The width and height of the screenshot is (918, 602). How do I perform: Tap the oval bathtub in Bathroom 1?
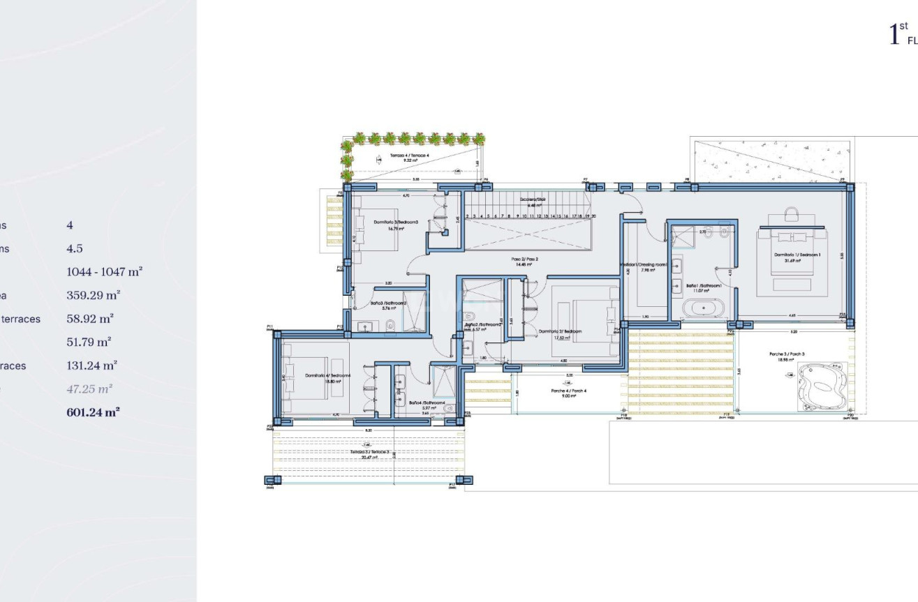click(703, 307)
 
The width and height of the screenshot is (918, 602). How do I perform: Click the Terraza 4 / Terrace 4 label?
click(404, 156)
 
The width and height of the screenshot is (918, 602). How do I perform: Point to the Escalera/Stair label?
click(532, 199)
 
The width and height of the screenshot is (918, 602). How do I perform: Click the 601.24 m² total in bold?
click(93, 412)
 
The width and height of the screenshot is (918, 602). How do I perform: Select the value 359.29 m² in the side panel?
click(93, 295)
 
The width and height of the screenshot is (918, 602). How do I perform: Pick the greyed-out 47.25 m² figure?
click(89, 389)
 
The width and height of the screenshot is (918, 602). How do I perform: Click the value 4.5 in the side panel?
click(75, 248)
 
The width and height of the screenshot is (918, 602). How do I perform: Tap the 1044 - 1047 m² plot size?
click(104, 271)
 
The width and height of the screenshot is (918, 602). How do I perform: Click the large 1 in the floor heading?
click(893, 34)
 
